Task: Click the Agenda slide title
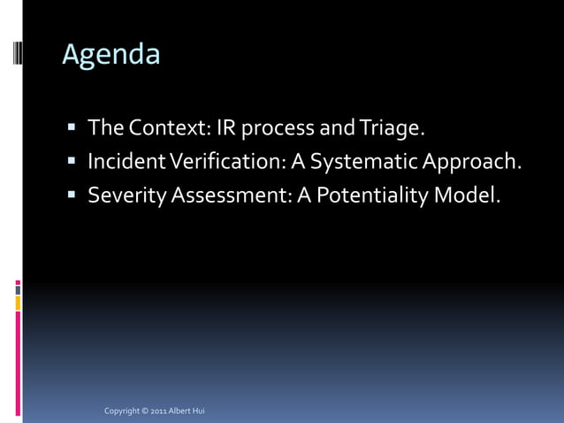click(111, 55)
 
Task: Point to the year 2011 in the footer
click(159, 411)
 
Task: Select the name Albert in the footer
click(182, 411)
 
